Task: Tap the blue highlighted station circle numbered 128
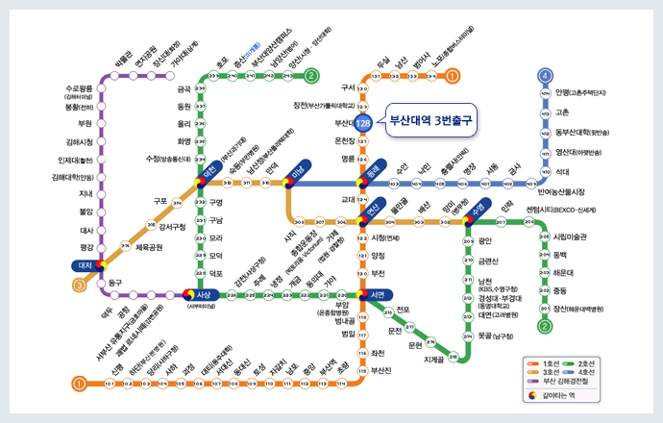(363, 124)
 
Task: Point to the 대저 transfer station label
(85, 263)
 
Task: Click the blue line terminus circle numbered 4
(545, 76)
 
